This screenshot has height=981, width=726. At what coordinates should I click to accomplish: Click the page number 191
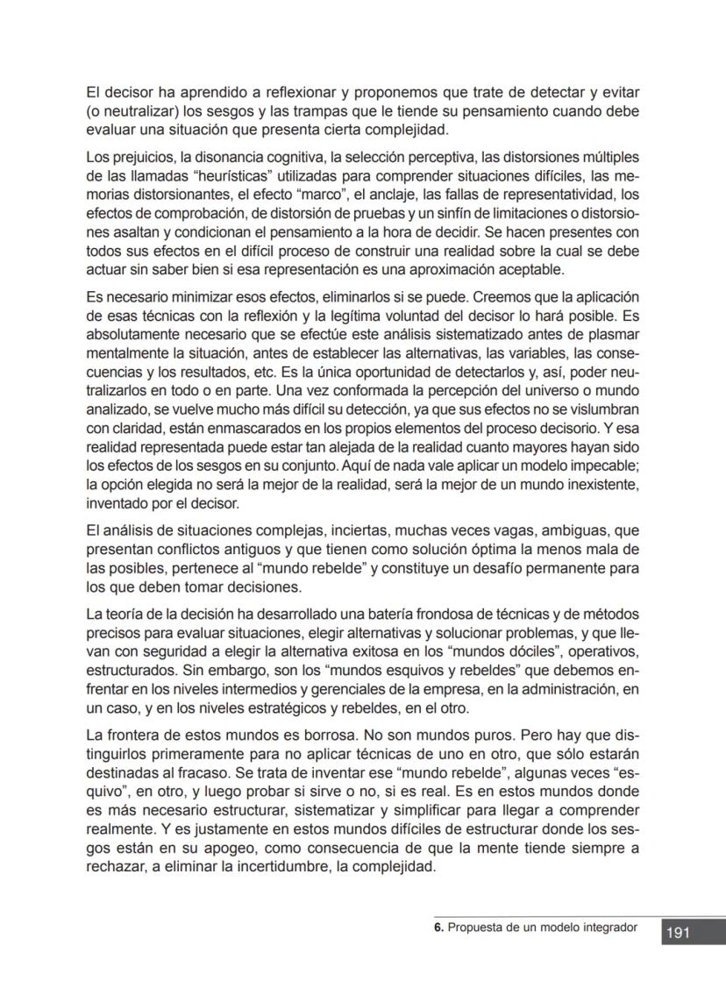point(678,933)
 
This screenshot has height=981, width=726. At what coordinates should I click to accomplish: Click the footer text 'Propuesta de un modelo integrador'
point(542,927)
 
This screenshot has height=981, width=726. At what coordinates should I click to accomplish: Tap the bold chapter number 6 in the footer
point(438,927)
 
